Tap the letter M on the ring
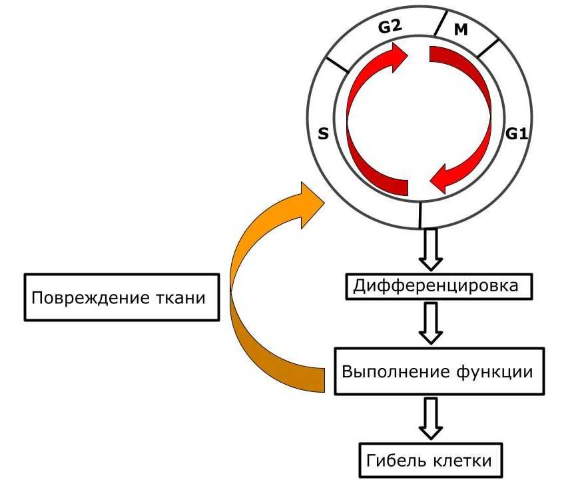point(461,30)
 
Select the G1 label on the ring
point(516,134)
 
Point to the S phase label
point(323,134)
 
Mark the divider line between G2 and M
point(441,23)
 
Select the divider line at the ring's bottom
point(421,215)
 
